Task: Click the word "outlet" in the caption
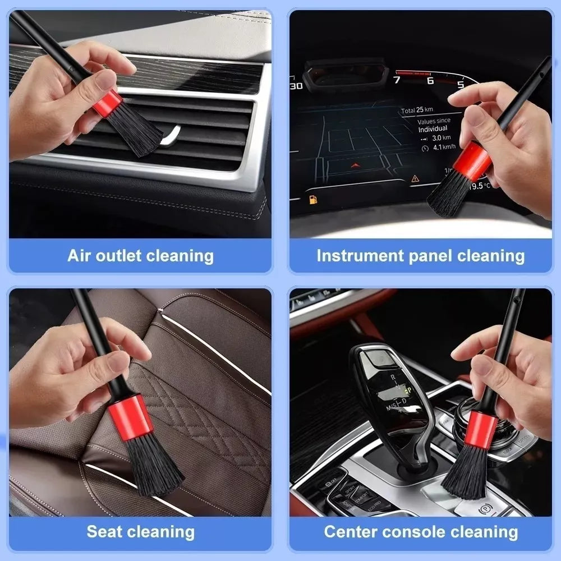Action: tap(117, 256)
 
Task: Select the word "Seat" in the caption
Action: tap(105, 531)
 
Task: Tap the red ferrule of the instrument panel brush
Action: tap(472, 158)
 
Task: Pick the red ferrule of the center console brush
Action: tap(480, 429)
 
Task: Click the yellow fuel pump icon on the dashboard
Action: tap(312, 199)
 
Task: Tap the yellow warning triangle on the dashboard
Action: tap(415, 178)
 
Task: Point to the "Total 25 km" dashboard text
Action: tap(417, 111)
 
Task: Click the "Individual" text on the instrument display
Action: tap(433, 129)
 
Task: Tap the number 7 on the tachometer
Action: tap(397, 80)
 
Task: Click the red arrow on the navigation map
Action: tap(354, 166)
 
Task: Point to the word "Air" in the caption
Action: tap(79, 256)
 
